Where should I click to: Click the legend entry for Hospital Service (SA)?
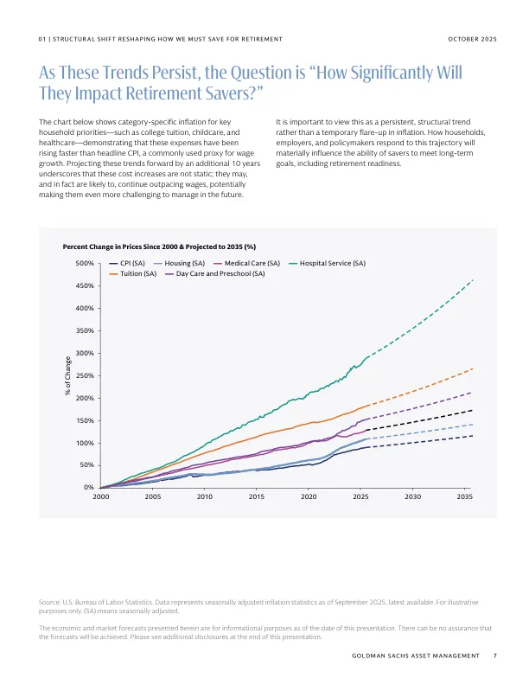coord(332,262)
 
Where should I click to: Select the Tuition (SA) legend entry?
coord(137,273)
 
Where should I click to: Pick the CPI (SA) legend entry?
coord(132,262)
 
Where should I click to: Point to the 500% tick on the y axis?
coord(85,263)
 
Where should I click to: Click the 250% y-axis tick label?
coord(85,375)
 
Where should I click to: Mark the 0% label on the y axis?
coord(88,488)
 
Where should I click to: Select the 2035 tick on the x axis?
coord(465,497)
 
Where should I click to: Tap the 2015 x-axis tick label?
coord(257,497)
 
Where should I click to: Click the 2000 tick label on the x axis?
coord(100,497)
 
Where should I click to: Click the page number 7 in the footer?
coord(494,656)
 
